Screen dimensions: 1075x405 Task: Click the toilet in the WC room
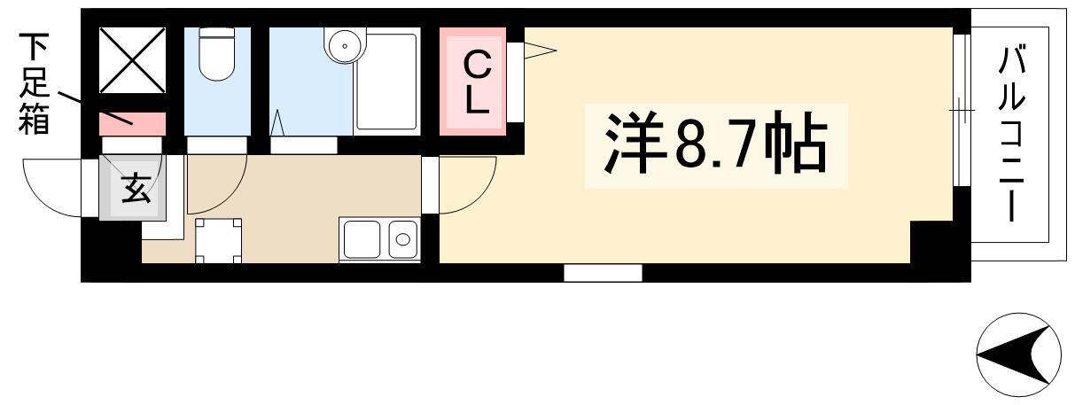pos(216,53)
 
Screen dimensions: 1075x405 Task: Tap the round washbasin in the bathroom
pos(345,44)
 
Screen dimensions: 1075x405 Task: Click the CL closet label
pos(477,83)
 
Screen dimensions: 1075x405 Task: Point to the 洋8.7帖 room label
pos(715,143)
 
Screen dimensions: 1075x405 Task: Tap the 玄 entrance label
pos(135,189)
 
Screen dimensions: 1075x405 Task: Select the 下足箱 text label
pos(34,83)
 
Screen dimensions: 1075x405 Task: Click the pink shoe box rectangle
pos(132,124)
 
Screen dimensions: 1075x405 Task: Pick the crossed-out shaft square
pos(132,60)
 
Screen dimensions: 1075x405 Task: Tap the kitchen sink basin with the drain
pos(403,239)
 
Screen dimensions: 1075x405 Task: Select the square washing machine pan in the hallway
pos(218,240)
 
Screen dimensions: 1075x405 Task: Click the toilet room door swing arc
pos(230,196)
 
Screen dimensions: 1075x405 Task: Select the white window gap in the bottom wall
pos(603,273)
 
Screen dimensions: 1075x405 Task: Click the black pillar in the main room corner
pos(932,242)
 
